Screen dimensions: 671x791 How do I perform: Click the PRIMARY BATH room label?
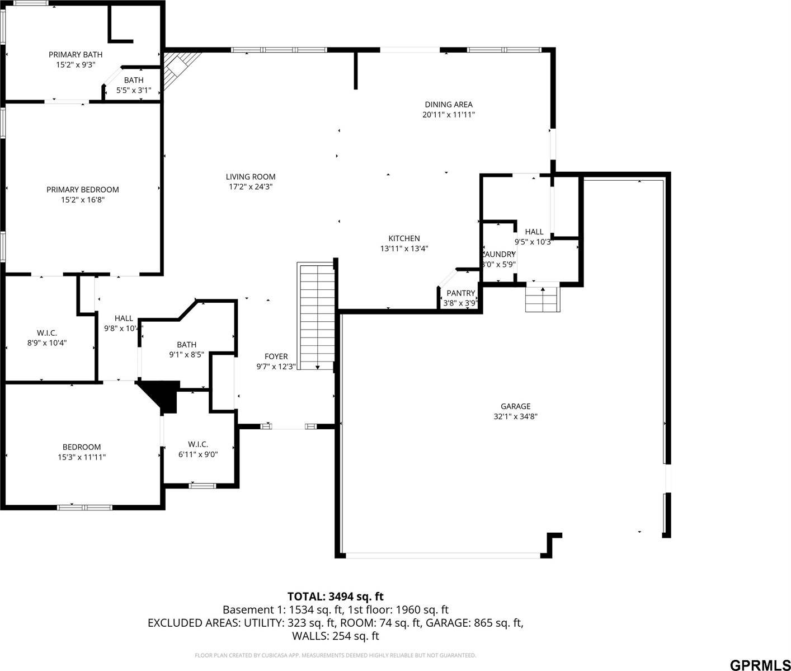(76, 54)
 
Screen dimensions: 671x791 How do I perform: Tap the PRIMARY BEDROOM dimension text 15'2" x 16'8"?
(83, 199)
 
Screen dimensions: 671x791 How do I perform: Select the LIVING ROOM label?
(251, 177)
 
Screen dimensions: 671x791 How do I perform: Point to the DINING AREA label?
(449, 105)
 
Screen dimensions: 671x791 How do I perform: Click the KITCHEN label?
(404, 238)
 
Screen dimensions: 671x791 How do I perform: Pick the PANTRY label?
(460, 293)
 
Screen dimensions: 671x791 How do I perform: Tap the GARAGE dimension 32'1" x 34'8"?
(515, 416)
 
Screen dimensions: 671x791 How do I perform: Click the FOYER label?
(276, 356)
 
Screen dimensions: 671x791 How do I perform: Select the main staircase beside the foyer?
(317, 316)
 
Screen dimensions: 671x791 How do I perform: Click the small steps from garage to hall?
(542, 299)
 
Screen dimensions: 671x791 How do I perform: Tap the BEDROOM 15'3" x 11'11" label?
(82, 447)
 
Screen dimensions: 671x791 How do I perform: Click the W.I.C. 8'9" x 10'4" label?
(47, 333)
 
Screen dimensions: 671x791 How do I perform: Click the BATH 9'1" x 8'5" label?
(186, 345)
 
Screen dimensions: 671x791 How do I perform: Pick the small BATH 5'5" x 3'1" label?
(134, 81)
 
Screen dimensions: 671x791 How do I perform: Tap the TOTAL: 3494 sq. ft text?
(335, 597)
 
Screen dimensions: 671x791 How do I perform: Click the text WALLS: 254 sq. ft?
(335, 636)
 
